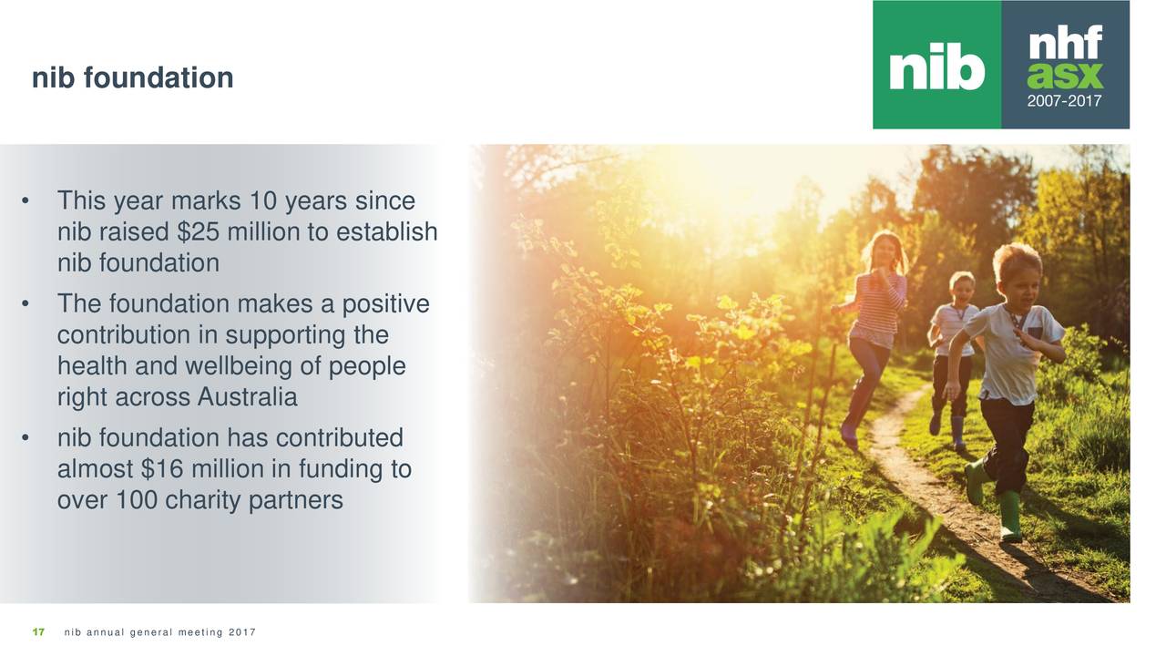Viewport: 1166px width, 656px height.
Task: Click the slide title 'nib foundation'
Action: pyautogui.click(x=132, y=78)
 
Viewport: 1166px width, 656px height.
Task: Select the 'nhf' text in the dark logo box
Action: pyautogui.click(x=1065, y=42)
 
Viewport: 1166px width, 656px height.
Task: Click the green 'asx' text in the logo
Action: pyautogui.click(x=1065, y=75)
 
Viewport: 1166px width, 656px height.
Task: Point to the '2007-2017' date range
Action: pyautogui.click(x=1065, y=102)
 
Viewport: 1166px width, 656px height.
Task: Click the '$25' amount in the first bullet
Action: pyautogui.click(x=198, y=232)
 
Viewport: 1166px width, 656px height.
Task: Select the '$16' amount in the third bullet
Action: pyautogui.click(x=161, y=470)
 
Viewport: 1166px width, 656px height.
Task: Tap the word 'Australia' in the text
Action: pyautogui.click(x=245, y=398)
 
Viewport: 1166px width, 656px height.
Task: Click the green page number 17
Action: pyautogui.click(x=38, y=633)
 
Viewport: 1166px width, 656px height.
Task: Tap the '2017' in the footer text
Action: pyautogui.click(x=242, y=633)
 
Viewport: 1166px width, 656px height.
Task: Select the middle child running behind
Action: pyautogui.click(x=954, y=346)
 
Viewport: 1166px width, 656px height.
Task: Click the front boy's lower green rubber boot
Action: pyautogui.click(x=1009, y=516)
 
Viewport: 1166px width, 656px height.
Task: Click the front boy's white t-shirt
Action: pyautogui.click(x=1009, y=355)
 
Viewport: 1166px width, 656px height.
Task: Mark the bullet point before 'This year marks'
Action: pyautogui.click(x=30, y=201)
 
